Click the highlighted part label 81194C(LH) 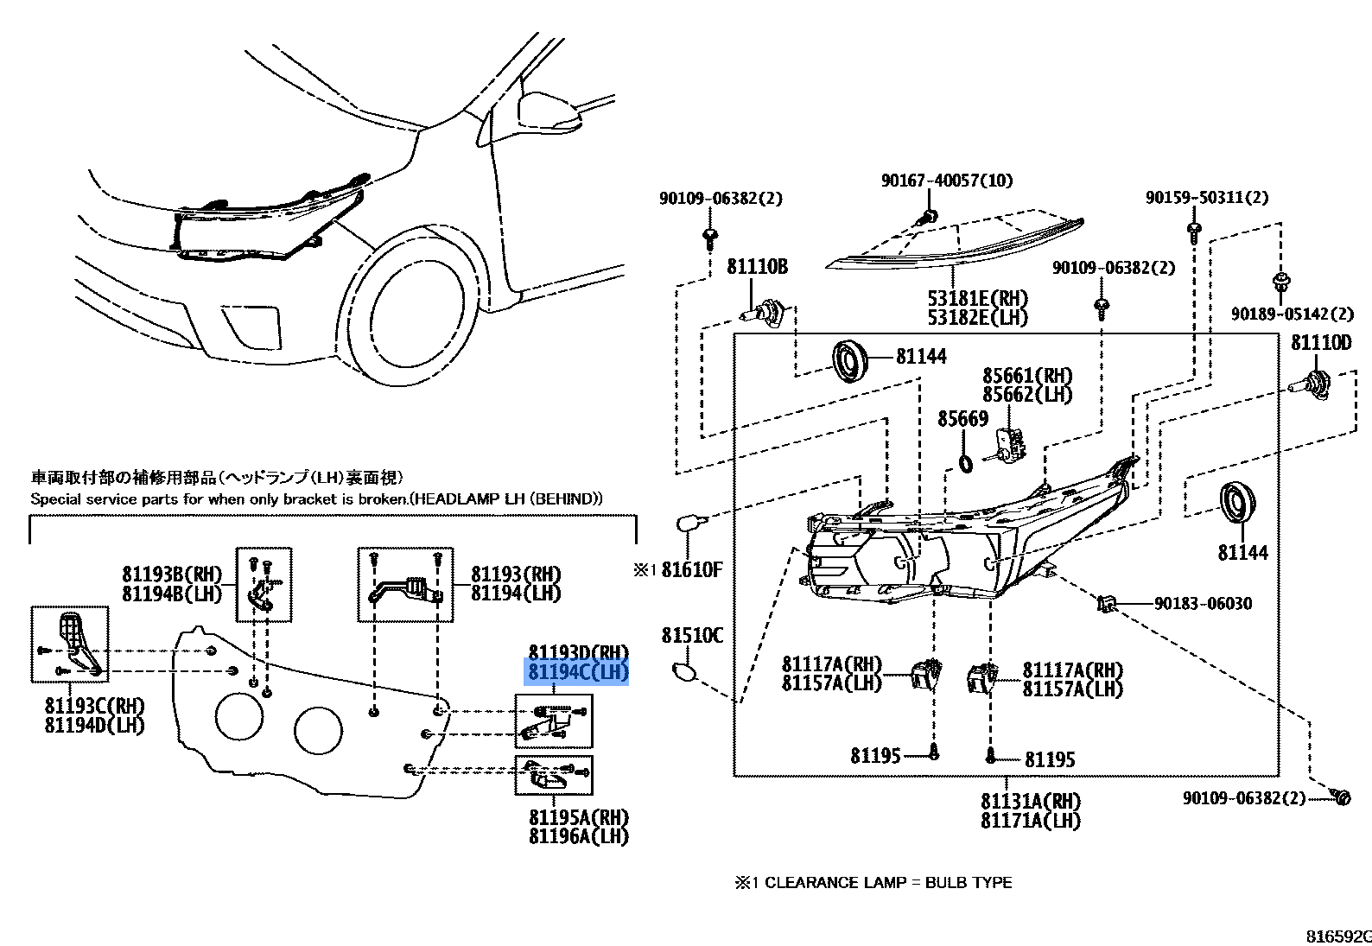(578, 672)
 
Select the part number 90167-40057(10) (947, 180)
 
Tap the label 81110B (757, 267)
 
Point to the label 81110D (1321, 343)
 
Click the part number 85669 (962, 419)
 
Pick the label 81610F (692, 569)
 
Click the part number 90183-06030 (1203, 603)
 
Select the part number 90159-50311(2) (1207, 198)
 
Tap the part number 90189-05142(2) (1292, 314)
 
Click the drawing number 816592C (1338, 936)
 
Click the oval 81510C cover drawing (683, 671)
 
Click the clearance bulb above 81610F (688, 523)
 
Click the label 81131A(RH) (1030, 801)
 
